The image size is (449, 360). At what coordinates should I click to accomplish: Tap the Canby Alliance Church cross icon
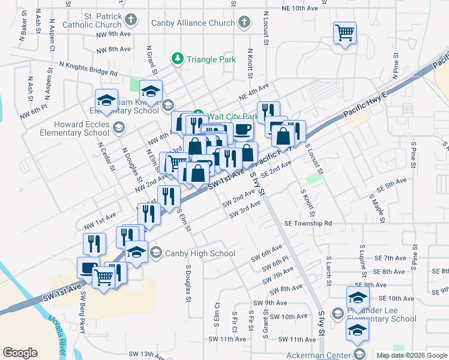pos(244,23)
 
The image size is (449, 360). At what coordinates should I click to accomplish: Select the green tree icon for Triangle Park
pos(177,59)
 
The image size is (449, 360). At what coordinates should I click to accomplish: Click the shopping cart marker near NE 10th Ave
pos(345,32)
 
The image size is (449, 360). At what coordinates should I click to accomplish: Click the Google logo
pos(20,353)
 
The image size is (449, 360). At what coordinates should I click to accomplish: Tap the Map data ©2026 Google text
pos(412,355)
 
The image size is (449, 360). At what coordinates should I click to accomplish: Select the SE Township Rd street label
pos(308,223)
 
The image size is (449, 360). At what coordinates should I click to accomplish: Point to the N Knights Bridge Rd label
pos(88,67)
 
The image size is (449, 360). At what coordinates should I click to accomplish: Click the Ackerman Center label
pos(318,355)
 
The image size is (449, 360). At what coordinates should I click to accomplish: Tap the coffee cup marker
pos(242,130)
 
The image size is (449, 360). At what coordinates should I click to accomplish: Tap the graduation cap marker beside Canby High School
pos(137,251)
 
